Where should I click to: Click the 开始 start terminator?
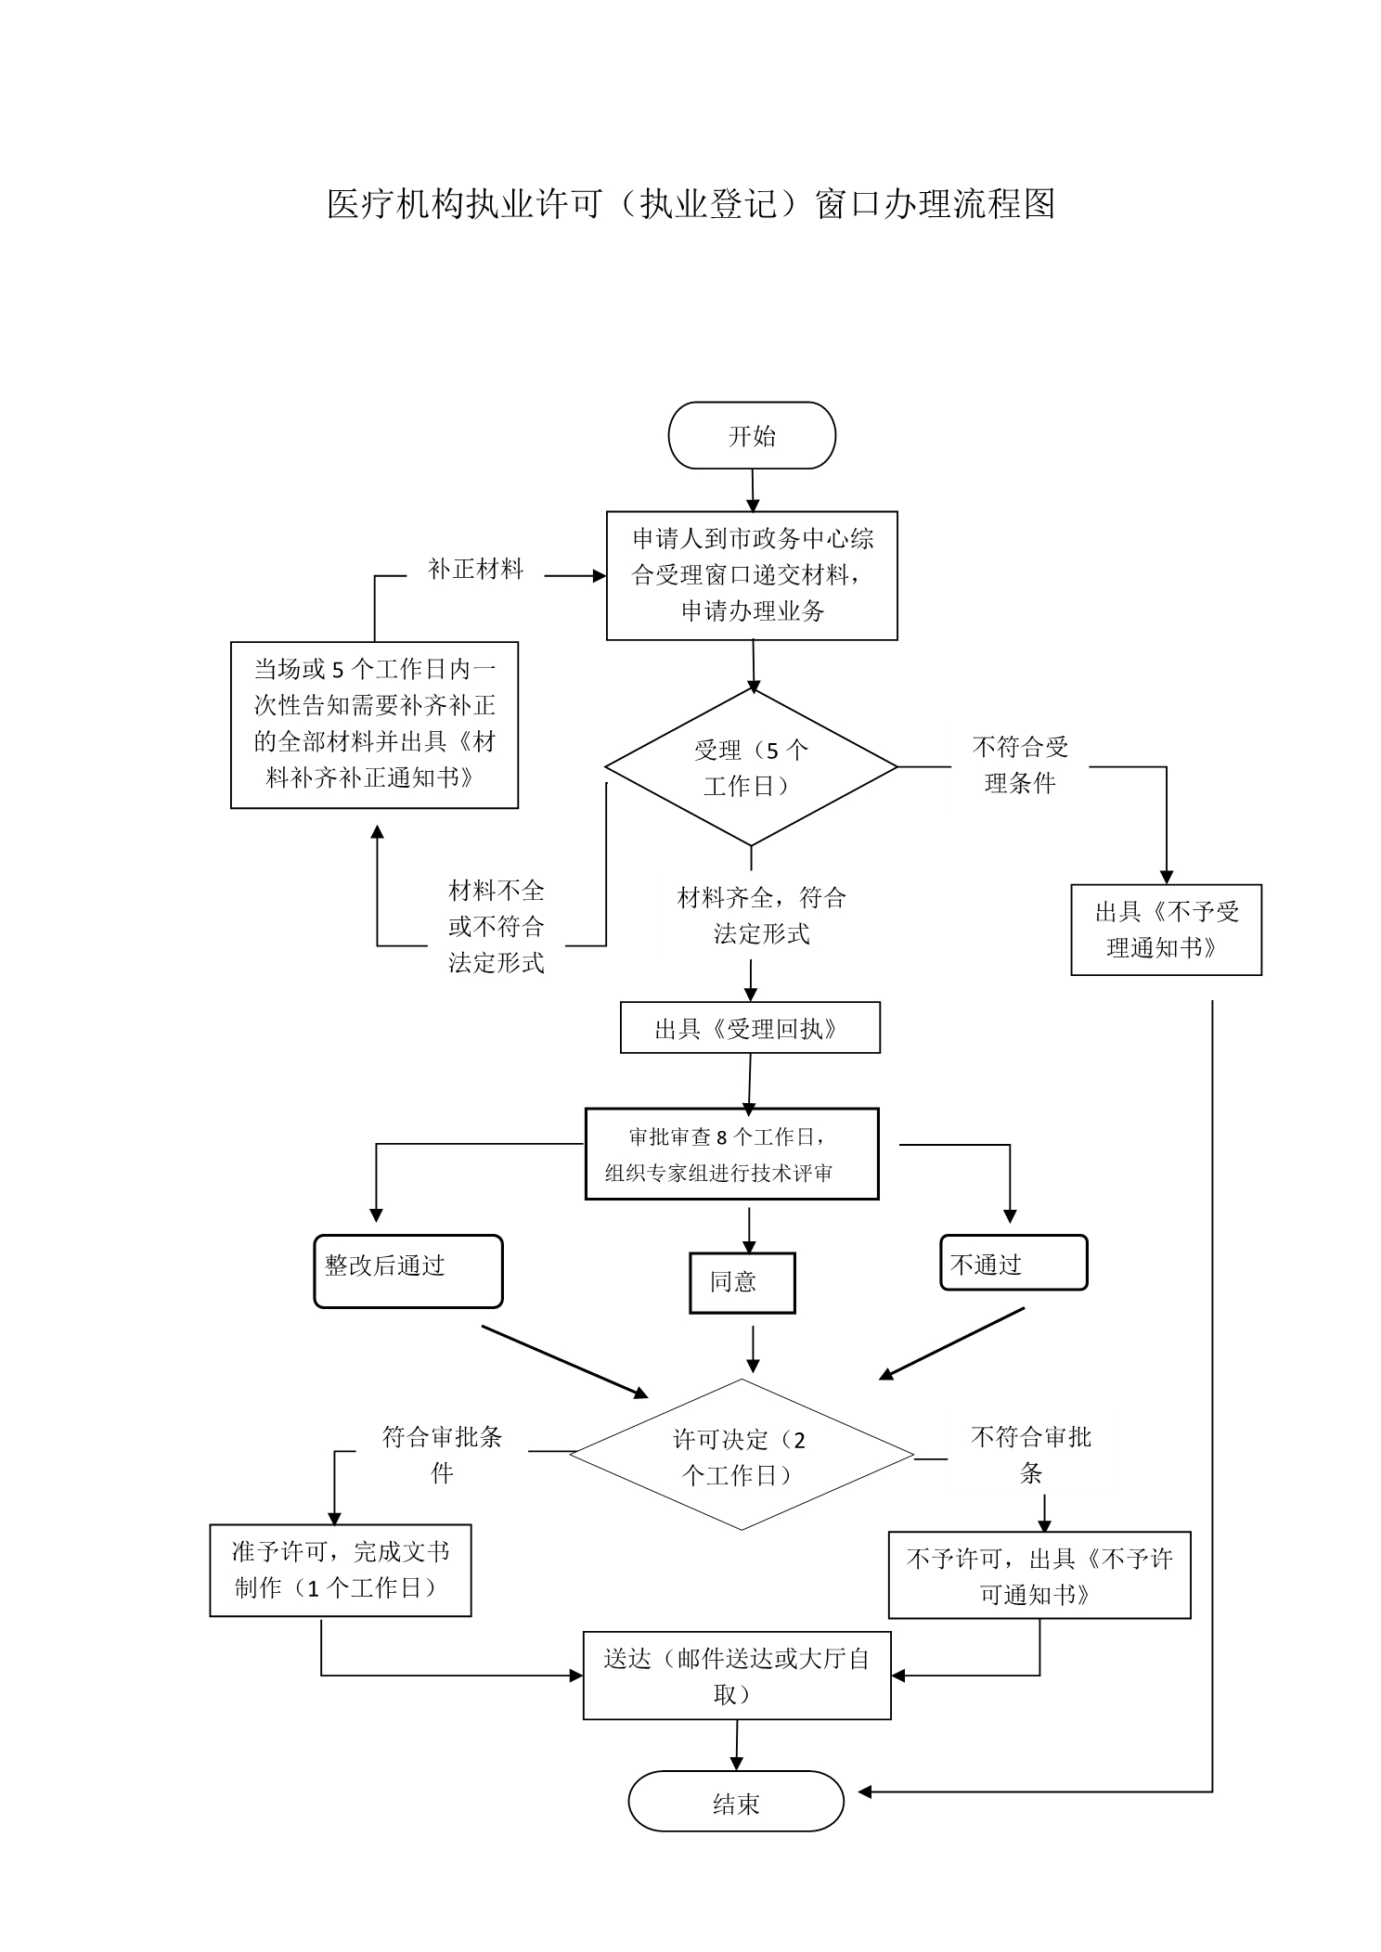[752, 435]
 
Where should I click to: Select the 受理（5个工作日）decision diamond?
[751, 767]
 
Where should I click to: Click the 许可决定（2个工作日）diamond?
[742, 1455]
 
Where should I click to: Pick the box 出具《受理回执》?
[750, 1028]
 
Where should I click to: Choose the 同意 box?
[742, 1283]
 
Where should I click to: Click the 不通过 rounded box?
[1013, 1263]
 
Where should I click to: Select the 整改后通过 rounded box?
[408, 1271]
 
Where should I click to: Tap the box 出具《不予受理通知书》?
[1166, 930]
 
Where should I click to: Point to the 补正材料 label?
[475, 570]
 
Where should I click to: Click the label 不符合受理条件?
[1020, 765]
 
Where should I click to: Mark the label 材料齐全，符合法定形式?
[761, 916]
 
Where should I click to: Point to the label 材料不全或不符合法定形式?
[496, 927]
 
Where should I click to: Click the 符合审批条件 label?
[442, 1454]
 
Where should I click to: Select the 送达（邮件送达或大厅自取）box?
[737, 1676]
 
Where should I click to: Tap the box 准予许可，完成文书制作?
[341, 1571]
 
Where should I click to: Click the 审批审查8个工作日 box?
[731, 1154]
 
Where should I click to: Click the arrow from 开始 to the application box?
[753, 490]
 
